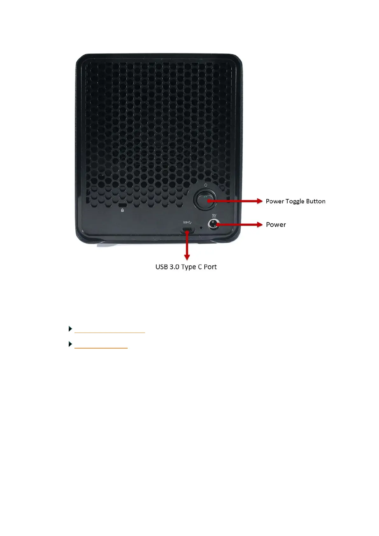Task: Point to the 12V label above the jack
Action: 214,215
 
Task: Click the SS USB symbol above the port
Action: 187,222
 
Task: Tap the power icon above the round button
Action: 206,185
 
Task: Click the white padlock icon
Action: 123,210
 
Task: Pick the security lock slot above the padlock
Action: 123,205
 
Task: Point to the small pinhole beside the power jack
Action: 201,228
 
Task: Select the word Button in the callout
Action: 315,201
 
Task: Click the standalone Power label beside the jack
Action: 276,225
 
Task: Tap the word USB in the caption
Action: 161,267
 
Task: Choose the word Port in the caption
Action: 210,267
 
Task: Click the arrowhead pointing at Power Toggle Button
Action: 259,201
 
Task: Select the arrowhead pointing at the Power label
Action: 259,225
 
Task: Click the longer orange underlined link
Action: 109,332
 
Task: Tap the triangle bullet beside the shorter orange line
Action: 70,344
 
